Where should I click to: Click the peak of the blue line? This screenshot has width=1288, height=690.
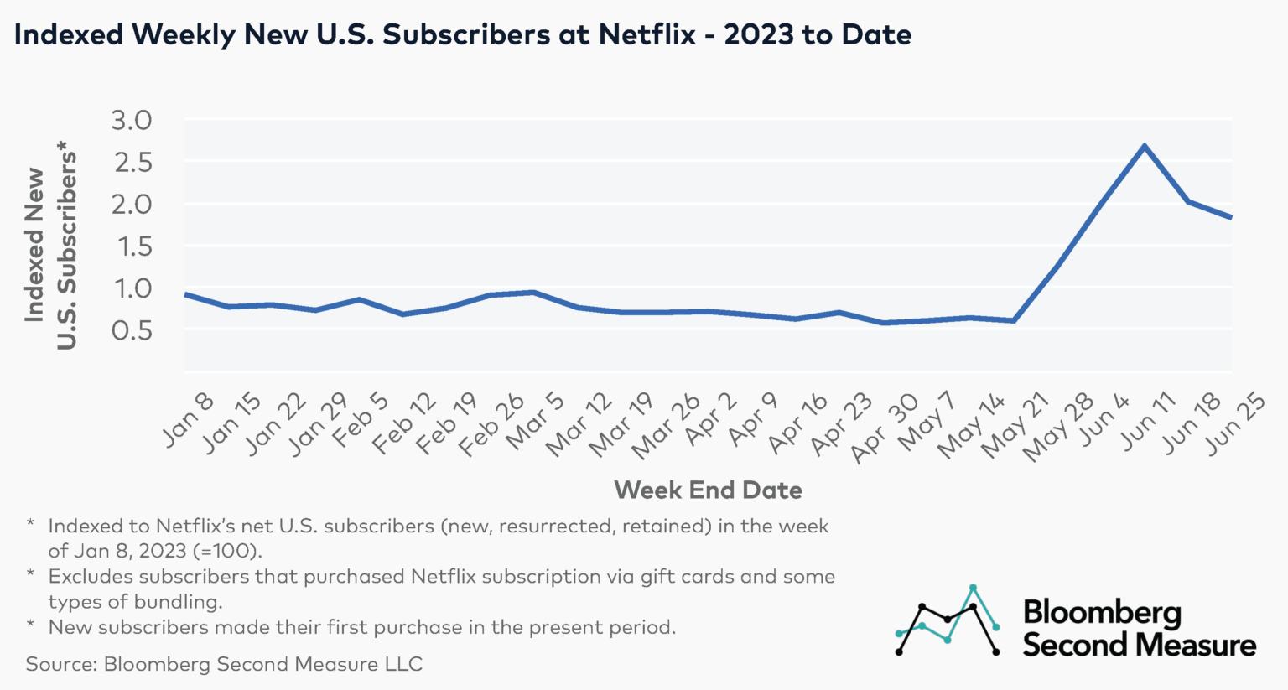1145,146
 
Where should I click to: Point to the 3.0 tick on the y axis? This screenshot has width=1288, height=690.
132,120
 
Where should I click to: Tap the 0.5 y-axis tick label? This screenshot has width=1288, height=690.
132,330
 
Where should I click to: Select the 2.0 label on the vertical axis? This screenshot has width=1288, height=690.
132,204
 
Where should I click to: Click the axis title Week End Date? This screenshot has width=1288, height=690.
708,490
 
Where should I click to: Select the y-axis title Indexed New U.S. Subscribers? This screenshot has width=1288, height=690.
49,247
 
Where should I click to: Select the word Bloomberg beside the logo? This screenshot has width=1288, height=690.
1102,613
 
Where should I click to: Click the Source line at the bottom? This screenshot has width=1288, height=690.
224,664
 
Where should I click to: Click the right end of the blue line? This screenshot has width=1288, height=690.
1231,217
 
